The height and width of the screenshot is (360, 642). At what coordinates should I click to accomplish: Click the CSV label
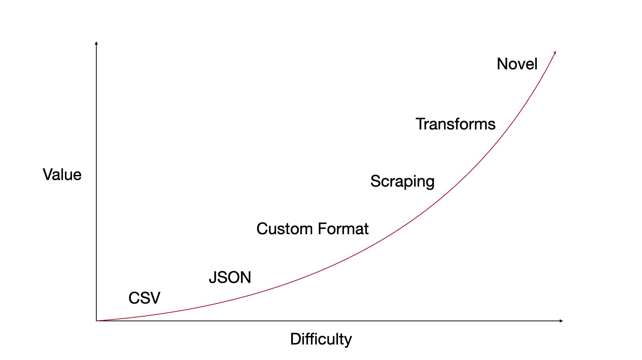(x=144, y=298)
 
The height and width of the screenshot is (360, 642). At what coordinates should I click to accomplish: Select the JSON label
(x=230, y=277)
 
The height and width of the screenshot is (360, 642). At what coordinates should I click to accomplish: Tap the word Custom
(x=285, y=229)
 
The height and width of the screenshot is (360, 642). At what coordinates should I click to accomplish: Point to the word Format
(x=343, y=229)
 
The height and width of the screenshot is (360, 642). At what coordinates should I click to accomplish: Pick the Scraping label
(x=402, y=182)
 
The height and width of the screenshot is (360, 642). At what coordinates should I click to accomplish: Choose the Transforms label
(x=455, y=124)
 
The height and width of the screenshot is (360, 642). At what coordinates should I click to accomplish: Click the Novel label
(x=517, y=64)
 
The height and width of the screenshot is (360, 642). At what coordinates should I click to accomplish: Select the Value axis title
(x=62, y=174)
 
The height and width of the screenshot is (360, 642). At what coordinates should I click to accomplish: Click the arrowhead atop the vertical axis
(x=96, y=43)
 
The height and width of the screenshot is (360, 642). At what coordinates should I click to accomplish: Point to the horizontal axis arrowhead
(x=561, y=321)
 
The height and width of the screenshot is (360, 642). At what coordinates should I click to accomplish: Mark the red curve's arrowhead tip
(x=556, y=51)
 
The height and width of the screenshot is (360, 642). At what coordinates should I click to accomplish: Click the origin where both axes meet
(x=96, y=321)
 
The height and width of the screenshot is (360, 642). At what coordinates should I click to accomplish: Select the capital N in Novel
(x=502, y=64)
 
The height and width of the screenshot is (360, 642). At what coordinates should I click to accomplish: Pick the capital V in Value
(x=48, y=174)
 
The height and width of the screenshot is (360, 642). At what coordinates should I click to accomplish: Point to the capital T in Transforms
(x=421, y=124)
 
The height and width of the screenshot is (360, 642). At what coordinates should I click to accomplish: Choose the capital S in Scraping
(x=375, y=181)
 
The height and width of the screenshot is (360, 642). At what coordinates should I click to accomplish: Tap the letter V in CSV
(x=155, y=298)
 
